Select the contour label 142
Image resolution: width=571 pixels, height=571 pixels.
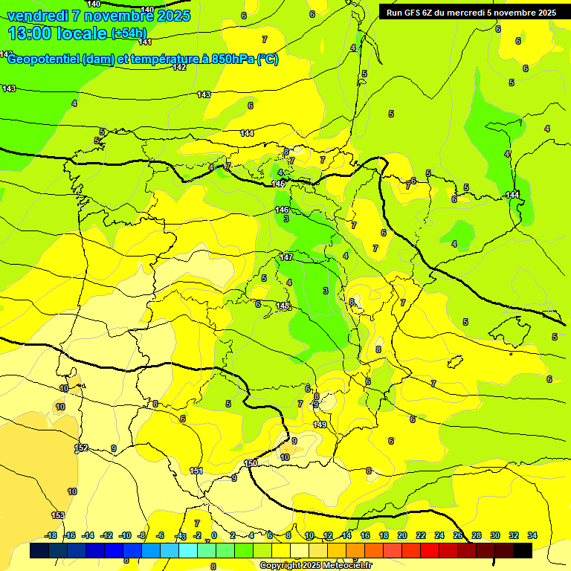(179, 67)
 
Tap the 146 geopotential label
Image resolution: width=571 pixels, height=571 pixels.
(282, 210)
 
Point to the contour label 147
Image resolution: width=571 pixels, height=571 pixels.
(286, 257)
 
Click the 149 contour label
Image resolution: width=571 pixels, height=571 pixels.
(320, 425)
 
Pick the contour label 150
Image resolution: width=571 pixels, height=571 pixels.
(251, 463)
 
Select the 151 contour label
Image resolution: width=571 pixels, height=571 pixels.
(196, 471)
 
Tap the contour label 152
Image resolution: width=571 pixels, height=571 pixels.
(82, 448)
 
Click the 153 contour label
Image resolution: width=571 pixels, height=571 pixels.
(58, 515)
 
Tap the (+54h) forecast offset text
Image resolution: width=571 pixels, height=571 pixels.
(129, 33)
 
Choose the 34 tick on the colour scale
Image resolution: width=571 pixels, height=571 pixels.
(532, 535)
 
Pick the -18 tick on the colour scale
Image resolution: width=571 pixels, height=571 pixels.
(51, 535)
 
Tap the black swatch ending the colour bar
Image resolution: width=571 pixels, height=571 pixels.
(523, 550)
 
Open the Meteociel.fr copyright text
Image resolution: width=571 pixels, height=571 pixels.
(315, 566)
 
